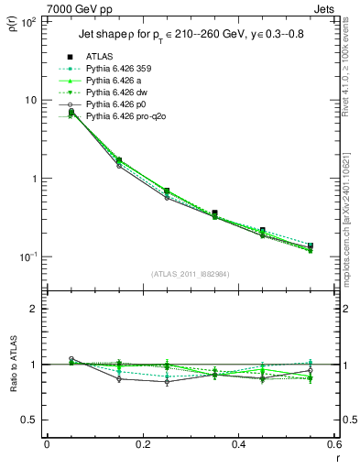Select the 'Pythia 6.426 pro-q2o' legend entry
click(129, 116)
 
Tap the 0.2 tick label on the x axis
click(141, 445)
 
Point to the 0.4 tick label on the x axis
click(237, 445)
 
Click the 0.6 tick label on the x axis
click(332, 445)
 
